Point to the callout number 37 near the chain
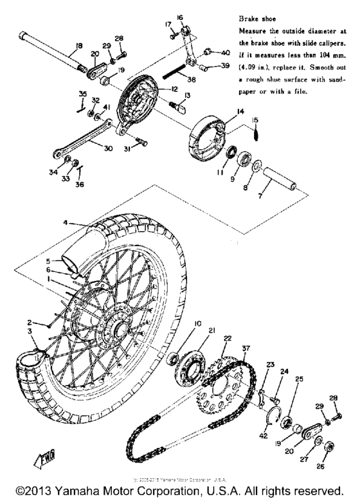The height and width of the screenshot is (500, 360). [x=246, y=348]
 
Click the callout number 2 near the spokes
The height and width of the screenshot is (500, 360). [x=29, y=321]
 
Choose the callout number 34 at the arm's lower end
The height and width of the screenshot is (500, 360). [x=51, y=172]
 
